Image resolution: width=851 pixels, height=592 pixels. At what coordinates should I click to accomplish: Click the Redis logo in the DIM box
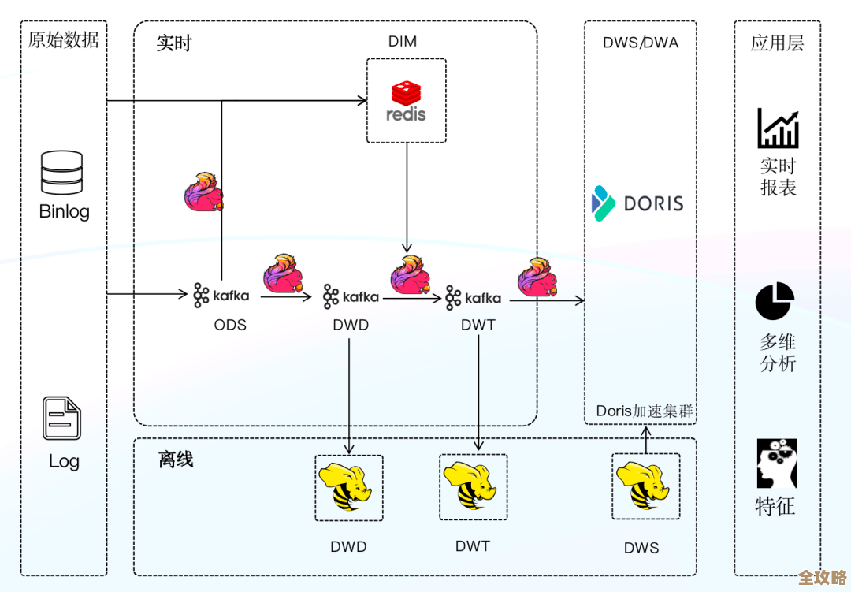tap(406, 101)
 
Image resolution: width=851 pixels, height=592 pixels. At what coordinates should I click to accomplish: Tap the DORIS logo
tap(637, 203)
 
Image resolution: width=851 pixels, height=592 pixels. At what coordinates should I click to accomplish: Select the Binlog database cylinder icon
tap(61, 173)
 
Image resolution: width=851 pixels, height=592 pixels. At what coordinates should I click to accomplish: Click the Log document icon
tap(61, 419)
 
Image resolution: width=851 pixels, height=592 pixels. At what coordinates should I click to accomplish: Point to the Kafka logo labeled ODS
tap(221, 296)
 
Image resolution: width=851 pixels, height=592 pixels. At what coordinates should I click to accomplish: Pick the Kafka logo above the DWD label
tap(351, 297)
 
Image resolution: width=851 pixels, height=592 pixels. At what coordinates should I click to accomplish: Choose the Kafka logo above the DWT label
tap(473, 298)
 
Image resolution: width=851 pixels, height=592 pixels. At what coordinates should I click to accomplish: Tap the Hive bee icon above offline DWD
tap(348, 487)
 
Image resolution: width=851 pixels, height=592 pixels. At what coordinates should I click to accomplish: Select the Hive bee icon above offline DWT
tap(473, 486)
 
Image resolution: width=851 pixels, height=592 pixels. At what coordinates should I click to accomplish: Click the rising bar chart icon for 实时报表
tap(778, 128)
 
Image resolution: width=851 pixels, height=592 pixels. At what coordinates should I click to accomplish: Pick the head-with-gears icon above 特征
tap(776, 464)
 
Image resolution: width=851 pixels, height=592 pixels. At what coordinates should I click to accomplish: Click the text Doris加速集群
tap(643, 411)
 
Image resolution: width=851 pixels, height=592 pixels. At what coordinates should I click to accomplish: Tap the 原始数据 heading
tap(64, 40)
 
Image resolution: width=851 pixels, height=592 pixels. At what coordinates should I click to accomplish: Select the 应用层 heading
tap(777, 43)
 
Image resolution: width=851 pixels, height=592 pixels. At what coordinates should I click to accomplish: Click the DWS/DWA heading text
tap(641, 43)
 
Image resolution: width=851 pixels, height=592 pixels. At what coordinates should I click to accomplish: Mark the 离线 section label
tap(176, 459)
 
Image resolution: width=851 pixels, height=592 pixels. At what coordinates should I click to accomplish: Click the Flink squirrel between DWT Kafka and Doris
tap(538, 277)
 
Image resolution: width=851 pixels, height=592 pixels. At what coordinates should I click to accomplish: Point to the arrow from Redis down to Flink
tap(407, 197)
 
